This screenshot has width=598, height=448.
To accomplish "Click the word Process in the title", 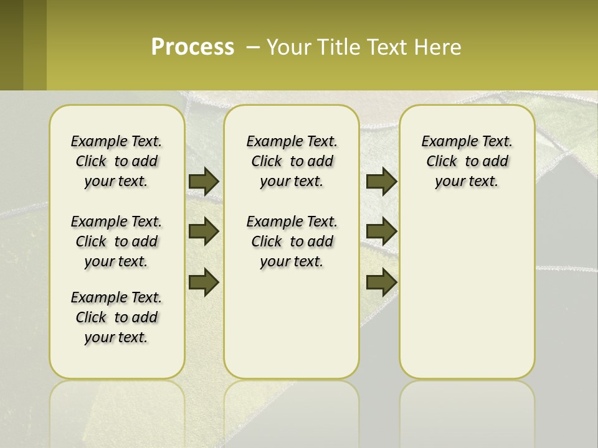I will (x=192, y=47).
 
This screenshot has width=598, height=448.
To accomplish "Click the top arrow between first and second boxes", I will (x=204, y=182).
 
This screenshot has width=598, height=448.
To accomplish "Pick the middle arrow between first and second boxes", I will (x=204, y=232).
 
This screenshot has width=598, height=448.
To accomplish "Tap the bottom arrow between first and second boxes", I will (x=204, y=282).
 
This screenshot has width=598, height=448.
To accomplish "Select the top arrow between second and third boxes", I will (x=381, y=182).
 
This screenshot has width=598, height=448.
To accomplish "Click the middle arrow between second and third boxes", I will (x=381, y=232).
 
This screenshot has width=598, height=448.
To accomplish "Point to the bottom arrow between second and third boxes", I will (x=381, y=282).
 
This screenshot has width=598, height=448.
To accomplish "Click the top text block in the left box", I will (x=116, y=161).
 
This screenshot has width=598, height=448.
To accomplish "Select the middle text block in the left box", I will (x=116, y=241).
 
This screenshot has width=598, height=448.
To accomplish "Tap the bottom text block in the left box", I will (x=116, y=317).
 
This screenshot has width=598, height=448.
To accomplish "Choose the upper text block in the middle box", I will (x=292, y=161).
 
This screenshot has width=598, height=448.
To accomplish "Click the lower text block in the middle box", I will (x=292, y=241).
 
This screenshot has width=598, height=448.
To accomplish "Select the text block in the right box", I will (x=467, y=161).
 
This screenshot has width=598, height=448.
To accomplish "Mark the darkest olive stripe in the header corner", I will (x=11, y=45).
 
